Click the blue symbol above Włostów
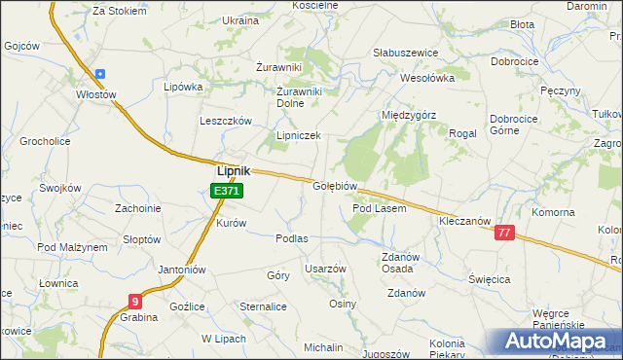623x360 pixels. coord(99,74)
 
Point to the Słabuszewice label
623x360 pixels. coord(406,53)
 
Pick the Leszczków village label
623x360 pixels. coord(226,121)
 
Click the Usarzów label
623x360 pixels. coord(325,268)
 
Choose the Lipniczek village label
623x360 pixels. coord(298,136)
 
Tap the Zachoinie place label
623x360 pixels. coord(137,207)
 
